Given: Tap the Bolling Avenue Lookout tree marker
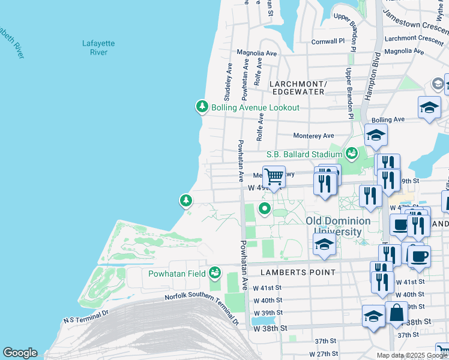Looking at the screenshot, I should (202, 107).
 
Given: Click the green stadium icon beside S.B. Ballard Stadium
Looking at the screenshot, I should (352, 154).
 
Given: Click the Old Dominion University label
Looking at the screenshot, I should (334, 226).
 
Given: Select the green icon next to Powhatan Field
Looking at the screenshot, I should (214, 274).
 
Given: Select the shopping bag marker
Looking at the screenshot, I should (397, 313).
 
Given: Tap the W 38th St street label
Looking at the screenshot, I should (271, 328).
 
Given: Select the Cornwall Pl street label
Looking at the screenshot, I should (328, 41).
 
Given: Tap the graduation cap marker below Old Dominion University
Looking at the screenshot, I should (324, 244).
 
